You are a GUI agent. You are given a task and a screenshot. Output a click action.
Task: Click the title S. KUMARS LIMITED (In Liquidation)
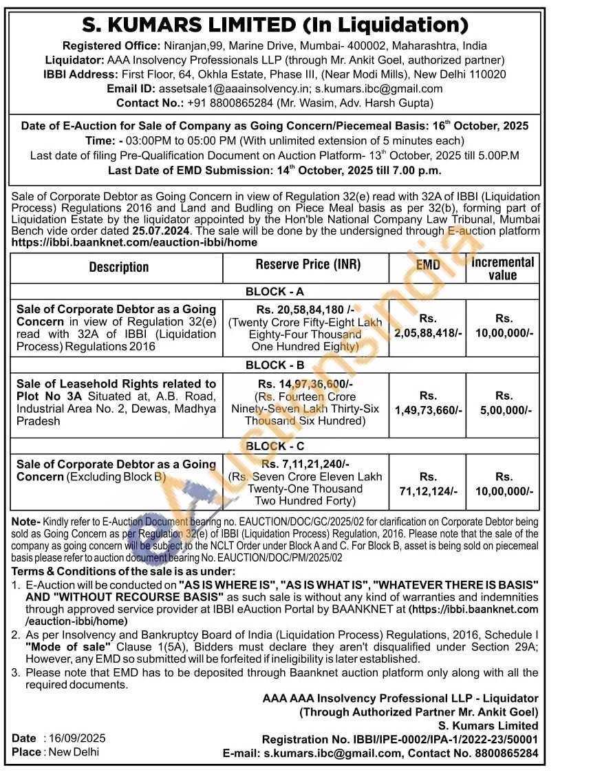[275, 25]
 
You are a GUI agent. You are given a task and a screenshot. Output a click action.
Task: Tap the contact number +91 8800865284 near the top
[230, 103]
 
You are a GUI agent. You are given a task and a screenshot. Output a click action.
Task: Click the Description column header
[118, 267]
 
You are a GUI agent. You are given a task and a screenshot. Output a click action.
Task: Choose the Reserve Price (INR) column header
[308, 265]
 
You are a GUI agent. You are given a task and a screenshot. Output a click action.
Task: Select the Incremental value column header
[502, 268]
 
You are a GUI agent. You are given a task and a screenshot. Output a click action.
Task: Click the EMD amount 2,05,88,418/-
[427, 333]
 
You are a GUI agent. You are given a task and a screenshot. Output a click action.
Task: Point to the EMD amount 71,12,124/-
[427, 491]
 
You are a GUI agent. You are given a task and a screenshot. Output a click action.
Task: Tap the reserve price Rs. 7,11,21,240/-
[305, 465]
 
